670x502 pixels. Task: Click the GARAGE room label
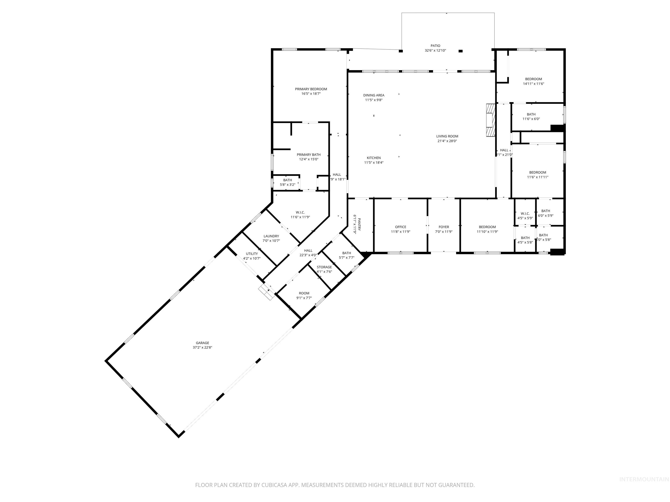(x=202, y=343)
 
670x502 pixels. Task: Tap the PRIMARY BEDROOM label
(x=311, y=89)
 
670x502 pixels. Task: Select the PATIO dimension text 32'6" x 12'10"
(x=435, y=51)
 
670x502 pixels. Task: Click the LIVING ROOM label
(x=447, y=136)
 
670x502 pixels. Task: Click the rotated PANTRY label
(x=359, y=224)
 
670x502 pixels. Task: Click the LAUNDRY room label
(x=271, y=236)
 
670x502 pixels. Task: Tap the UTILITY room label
(x=252, y=254)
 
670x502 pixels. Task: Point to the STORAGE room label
(x=324, y=267)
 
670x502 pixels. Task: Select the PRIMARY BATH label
(x=308, y=155)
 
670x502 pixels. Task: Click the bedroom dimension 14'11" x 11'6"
(x=533, y=84)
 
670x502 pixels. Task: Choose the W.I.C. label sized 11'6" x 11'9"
(x=300, y=212)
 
